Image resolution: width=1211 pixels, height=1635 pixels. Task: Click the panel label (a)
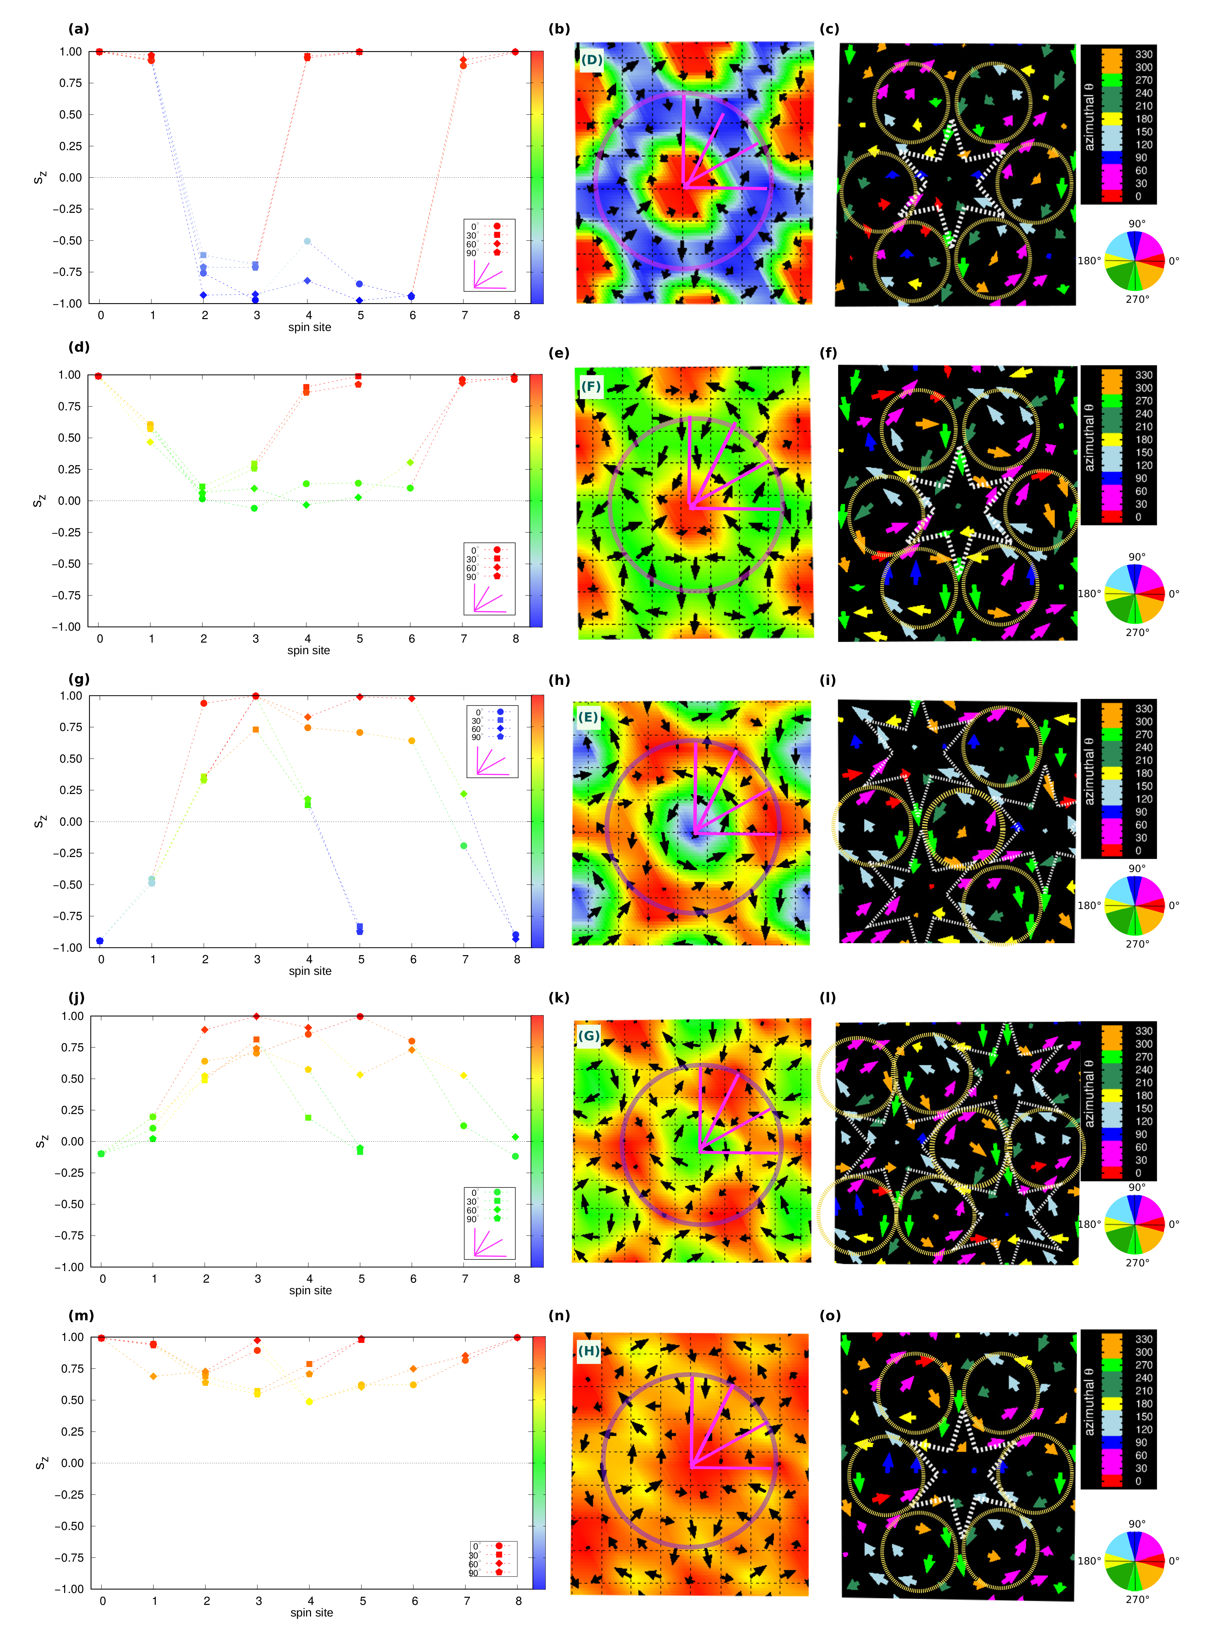(78, 29)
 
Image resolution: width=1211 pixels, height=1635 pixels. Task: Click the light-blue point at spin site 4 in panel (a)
(308, 241)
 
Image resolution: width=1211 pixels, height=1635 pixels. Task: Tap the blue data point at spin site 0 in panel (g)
(100, 941)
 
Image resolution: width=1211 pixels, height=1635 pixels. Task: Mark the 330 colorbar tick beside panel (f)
(1144, 376)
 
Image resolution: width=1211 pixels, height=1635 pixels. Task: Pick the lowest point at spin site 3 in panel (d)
(255, 508)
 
